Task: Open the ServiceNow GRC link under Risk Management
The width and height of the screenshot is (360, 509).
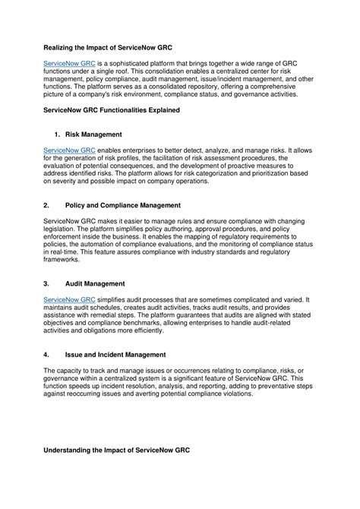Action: (68, 153)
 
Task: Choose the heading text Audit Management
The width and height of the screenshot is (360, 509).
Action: (94, 283)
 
